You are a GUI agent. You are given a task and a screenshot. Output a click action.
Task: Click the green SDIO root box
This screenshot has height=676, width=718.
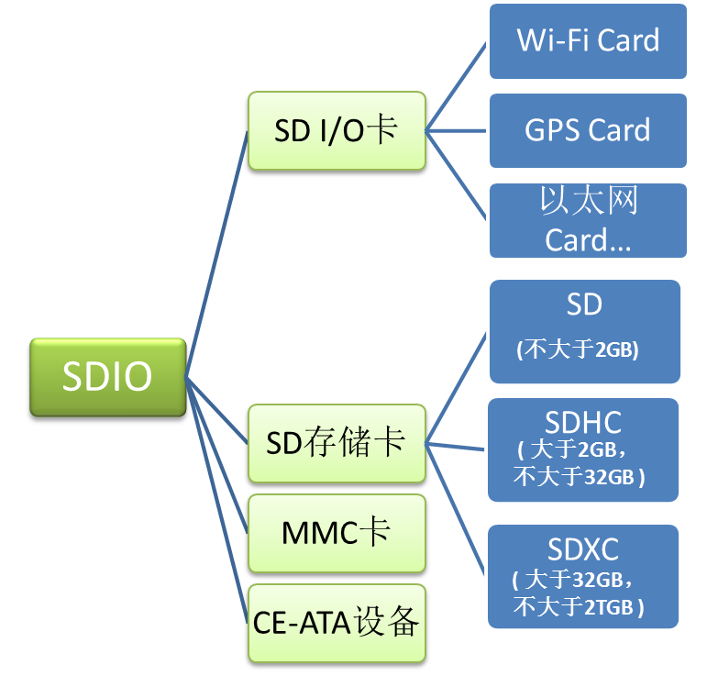point(107,377)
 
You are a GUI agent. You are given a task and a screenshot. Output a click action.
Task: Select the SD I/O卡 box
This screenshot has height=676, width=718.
point(337,130)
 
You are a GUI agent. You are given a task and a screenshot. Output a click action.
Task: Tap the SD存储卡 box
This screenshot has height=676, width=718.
point(336,443)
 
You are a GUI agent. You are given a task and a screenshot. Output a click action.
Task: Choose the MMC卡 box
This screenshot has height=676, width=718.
point(336,532)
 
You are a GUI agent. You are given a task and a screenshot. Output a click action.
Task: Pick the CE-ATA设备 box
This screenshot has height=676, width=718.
point(336,623)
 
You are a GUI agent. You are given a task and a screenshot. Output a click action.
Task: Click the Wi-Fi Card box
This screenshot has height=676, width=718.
point(588,41)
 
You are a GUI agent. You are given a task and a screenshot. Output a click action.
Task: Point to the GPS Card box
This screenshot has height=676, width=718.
point(588,130)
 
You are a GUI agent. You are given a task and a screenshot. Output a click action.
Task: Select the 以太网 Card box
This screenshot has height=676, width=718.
point(588,221)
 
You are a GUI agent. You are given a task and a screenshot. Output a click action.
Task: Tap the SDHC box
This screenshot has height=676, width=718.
point(583,449)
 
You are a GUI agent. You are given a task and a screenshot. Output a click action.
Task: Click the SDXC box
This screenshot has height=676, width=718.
point(583,576)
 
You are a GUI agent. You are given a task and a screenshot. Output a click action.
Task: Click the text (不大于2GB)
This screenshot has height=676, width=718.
point(578,349)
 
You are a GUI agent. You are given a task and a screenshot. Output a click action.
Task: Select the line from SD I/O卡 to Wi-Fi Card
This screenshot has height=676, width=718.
point(457,86)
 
